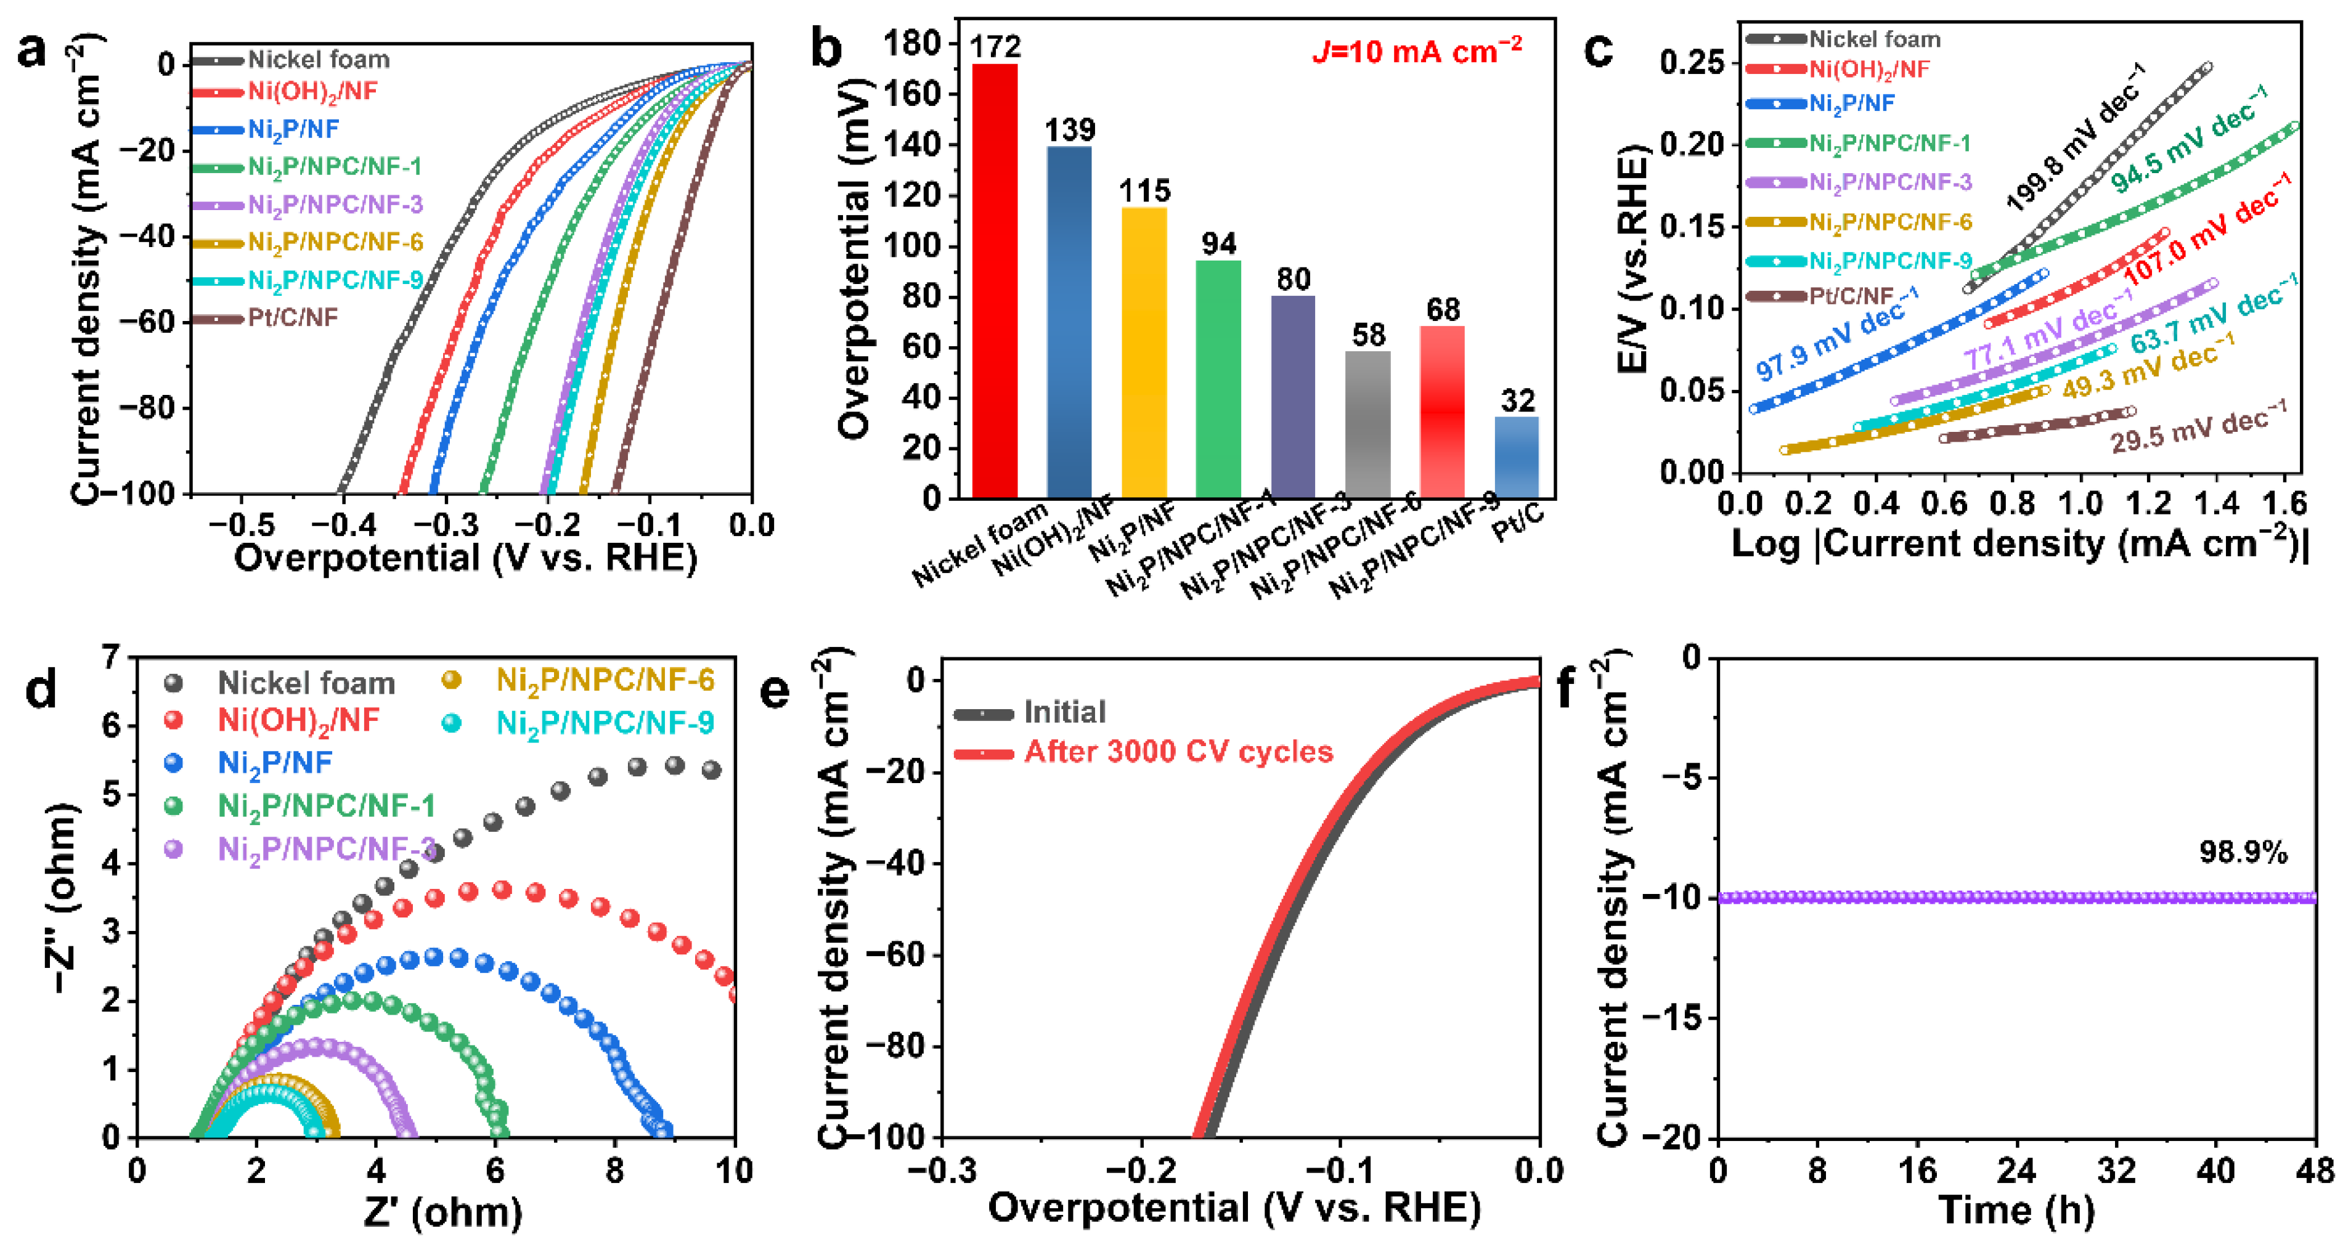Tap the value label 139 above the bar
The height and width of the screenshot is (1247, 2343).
(1070, 130)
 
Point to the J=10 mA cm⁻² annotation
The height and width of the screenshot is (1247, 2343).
(1417, 51)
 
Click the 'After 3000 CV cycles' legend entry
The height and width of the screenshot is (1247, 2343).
(1178, 752)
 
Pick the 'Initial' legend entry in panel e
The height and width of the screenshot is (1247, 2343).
(1064, 711)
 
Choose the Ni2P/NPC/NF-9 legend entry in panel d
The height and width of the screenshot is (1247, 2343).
(605, 723)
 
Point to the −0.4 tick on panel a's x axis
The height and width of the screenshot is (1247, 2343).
(343, 526)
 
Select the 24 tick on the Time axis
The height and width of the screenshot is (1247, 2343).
(2016, 1171)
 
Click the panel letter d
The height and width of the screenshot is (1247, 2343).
(41, 689)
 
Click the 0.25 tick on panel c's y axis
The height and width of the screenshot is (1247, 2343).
(1692, 63)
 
